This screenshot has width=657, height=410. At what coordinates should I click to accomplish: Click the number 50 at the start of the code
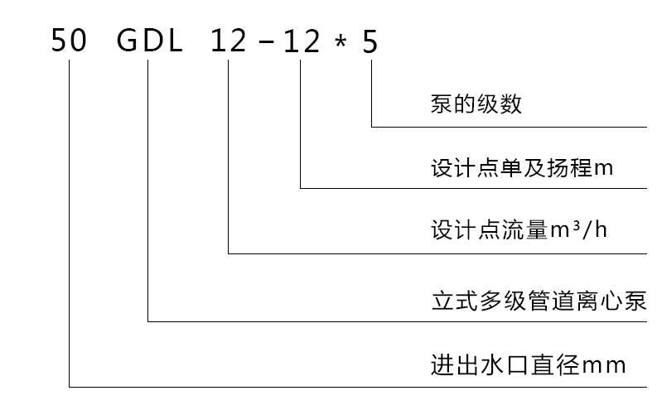click(69, 41)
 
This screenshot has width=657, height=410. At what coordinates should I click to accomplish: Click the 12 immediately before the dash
click(229, 41)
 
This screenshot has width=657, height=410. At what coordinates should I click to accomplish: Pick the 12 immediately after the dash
click(301, 41)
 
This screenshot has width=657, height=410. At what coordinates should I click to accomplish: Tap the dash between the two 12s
click(265, 42)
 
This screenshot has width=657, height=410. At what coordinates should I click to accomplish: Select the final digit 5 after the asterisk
click(370, 41)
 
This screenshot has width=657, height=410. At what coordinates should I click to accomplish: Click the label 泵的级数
click(476, 104)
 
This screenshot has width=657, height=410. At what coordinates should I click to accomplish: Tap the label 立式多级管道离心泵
click(539, 298)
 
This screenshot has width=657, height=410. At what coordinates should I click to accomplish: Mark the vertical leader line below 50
click(69, 224)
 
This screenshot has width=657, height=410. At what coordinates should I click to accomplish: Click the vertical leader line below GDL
click(147, 191)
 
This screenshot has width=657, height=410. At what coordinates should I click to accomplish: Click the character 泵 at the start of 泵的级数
click(442, 104)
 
